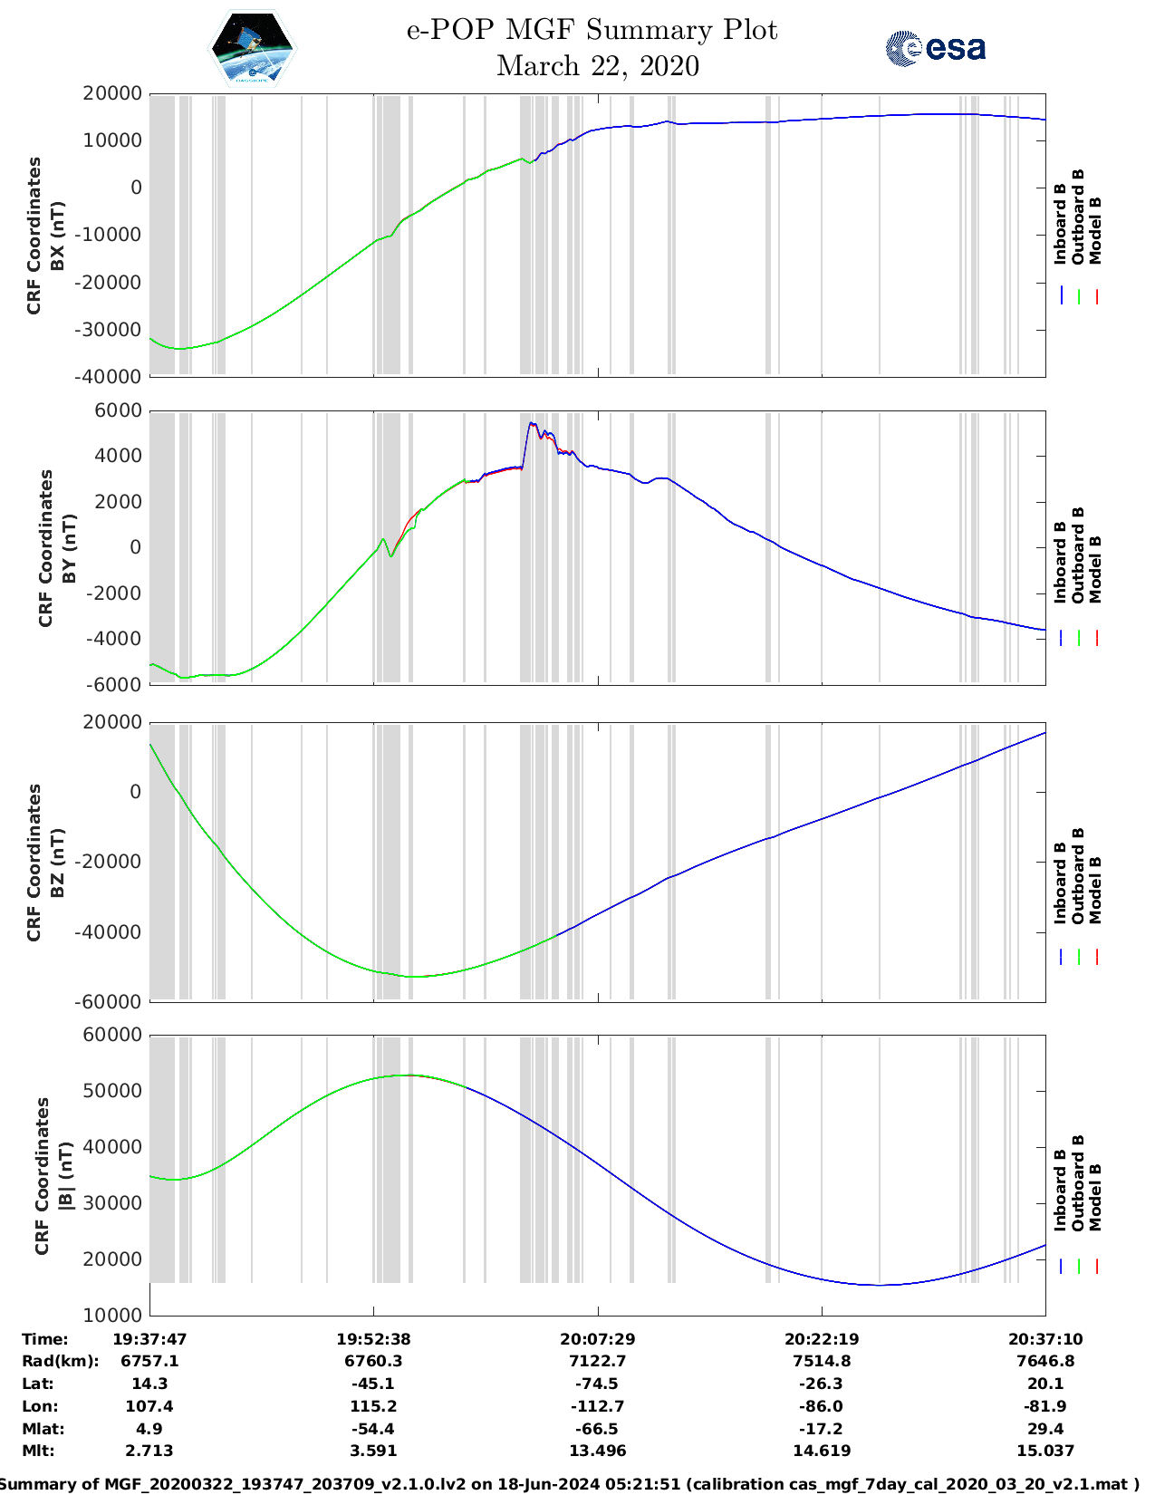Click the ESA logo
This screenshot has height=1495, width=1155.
click(x=936, y=48)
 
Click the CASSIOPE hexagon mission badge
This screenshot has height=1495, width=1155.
click(x=252, y=49)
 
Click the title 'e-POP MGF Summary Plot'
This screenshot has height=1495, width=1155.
click(x=592, y=30)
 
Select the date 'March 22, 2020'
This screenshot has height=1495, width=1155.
click(x=598, y=66)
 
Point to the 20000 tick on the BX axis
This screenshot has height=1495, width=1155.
click(x=112, y=93)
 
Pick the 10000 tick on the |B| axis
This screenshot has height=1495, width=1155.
click(x=112, y=1315)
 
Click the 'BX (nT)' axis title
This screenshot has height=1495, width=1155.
click(x=57, y=236)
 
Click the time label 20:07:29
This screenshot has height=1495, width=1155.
click(x=598, y=1339)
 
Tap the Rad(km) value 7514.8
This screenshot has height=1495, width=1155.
click(x=822, y=1361)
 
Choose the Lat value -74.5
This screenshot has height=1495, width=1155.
click(x=598, y=1384)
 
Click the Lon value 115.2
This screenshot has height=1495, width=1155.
click(x=373, y=1406)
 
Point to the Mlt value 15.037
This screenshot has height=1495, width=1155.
click(x=1045, y=1451)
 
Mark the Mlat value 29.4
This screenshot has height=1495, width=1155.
click(x=1045, y=1429)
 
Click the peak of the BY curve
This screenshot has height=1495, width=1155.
click(x=533, y=423)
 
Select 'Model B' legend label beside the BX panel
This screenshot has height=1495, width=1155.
click(x=1095, y=230)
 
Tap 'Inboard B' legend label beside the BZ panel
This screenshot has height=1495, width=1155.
click(x=1060, y=883)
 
